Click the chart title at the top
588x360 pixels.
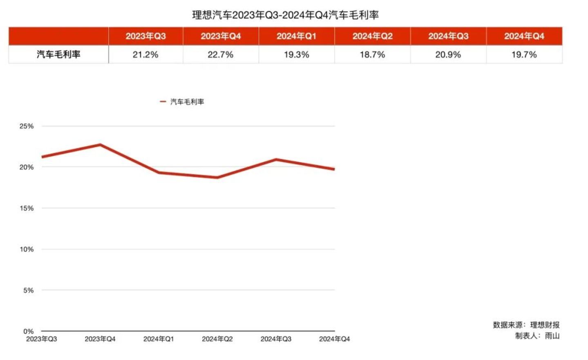tap(285, 15)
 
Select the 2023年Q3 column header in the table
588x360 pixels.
tap(145, 36)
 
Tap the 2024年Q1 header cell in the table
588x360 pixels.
tap(296, 36)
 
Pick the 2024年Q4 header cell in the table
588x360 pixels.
tap(524, 36)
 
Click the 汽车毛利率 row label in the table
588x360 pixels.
tap(58, 54)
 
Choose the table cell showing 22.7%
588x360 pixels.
tap(220, 54)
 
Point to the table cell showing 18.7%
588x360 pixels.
tap(372, 54)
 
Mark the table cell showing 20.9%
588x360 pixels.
tap(448, 54)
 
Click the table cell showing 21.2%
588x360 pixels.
tap(145, 54)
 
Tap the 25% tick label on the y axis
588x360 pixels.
tap(27, 126)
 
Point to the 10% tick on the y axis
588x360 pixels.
tap(27, 249)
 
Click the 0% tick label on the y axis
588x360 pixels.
tap(28, 331)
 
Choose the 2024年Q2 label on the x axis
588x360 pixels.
tap(217, 339)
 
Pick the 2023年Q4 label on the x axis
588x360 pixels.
tap(100, 339)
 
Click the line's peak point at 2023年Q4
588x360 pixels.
tap(100, 145)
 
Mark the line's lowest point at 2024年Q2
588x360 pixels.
tap(217, 177)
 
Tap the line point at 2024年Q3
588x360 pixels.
tap(276, 159)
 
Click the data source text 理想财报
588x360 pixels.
tap(545, 325)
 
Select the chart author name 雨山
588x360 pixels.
tap(552, 335)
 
